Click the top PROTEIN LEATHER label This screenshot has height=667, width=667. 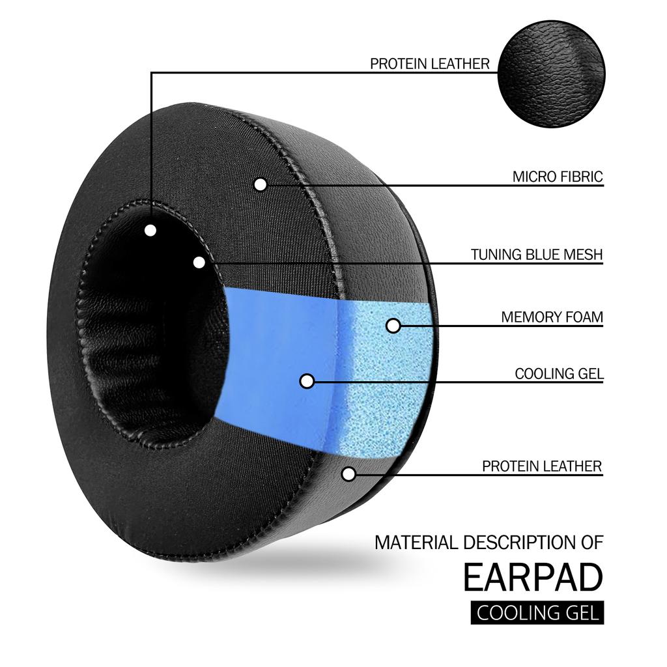[x=429, y=64]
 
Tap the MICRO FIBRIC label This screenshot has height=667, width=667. [x=558, y=177]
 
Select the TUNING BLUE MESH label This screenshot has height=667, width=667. [x=537, y=254]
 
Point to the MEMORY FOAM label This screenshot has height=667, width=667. [x=552, y=317]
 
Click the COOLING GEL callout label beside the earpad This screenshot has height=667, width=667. [x=559, y=374]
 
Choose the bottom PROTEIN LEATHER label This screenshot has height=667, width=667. [x=542, y=466]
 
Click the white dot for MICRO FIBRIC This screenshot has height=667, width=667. [x=261, y=184]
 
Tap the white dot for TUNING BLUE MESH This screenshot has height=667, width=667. [x=199, y=262]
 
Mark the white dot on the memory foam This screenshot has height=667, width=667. [x=393, y=325]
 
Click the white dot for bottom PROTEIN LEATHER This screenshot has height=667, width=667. [x=349, y=474]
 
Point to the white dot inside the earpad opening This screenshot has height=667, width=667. [x=150, y=230]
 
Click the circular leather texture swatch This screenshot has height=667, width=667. [x=552, y=74]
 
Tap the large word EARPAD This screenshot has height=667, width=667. [x=533, y=576]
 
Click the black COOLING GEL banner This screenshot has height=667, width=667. [x=537, y=613]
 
